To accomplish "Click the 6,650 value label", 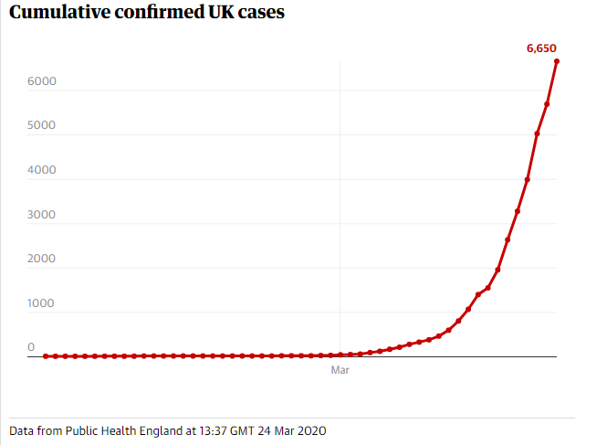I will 541,48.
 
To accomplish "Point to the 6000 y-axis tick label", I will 42,81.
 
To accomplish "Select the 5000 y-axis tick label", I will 42,126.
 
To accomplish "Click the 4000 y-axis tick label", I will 42,170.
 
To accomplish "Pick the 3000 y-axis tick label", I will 42,215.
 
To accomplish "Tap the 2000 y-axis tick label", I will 42,259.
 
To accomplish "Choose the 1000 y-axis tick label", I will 42,303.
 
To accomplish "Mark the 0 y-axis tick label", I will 31,347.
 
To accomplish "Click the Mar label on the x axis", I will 340,371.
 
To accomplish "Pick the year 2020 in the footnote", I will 310,429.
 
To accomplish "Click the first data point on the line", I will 46,356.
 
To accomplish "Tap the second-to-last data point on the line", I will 547,104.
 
